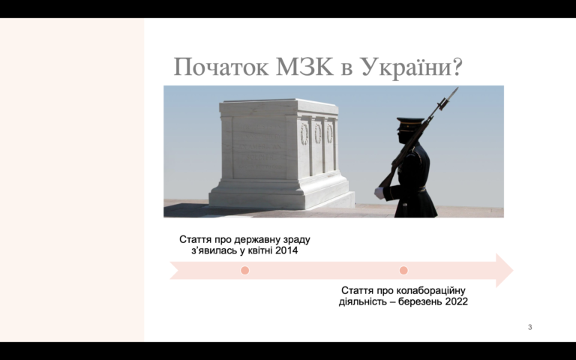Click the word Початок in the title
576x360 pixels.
tap(220, 67)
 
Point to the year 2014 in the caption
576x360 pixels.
tap(286, 250)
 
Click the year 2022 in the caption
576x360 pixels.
tap(456, 301)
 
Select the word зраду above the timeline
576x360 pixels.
tap(297, 239)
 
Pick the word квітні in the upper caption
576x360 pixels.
tap(260, 250)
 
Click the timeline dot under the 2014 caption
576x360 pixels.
tap(244, 270)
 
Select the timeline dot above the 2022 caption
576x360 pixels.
tap(403, 270)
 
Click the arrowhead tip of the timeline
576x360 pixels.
tap(513, 270)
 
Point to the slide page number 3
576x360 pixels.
tap(529, 327)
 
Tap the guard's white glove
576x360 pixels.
tap(379, 193)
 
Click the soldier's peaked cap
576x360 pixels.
tap(409, 124)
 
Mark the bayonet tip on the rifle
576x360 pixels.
tap(457, 88)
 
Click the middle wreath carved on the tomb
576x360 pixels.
tap(318, 133)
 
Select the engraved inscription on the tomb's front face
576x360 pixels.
tap(259, 147)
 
